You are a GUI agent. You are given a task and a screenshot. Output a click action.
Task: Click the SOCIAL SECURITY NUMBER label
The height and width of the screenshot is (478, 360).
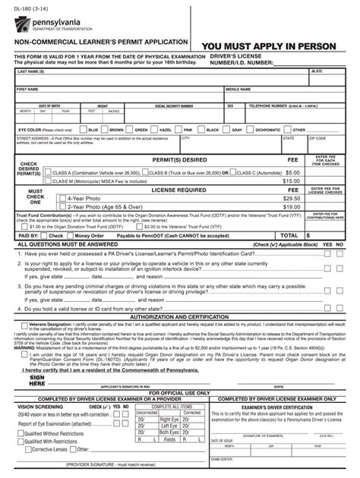click(174, 106)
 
